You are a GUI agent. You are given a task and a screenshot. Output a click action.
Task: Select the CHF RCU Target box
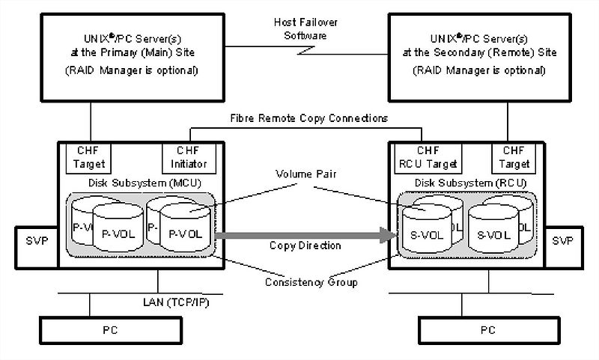tap(429, 156)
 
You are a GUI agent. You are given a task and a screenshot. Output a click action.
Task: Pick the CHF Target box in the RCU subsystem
tap(514, 156)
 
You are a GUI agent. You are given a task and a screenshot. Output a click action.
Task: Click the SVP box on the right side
tap(566, 242)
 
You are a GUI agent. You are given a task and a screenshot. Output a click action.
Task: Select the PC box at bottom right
tap(487, 329)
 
